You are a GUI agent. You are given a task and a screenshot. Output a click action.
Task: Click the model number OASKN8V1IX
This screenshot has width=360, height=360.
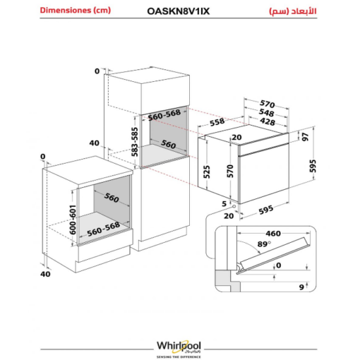click(x=178, y=11)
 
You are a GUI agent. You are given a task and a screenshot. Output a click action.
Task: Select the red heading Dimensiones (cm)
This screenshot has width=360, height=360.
click(x=76, y=11)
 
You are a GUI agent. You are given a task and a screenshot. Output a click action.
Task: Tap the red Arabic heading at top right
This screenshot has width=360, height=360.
click(x=293, y=11)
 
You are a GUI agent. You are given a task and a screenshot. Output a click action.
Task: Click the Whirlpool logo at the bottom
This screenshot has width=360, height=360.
click(x=179, y=347)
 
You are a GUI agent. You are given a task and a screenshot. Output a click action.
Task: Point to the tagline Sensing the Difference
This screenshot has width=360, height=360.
click(x=179, y=356)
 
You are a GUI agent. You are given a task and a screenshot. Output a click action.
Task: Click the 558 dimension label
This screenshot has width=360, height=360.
click(x=217, y=121)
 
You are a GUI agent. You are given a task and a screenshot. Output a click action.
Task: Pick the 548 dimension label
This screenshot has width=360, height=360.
click(x=266, y=112)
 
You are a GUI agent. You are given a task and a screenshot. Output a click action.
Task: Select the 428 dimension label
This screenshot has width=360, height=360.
click(x=268, y=121)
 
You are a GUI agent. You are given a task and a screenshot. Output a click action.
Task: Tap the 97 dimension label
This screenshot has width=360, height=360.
click(x=305, y=137)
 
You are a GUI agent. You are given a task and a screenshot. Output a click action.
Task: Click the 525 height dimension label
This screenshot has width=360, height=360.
click(x=206, y=172)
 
